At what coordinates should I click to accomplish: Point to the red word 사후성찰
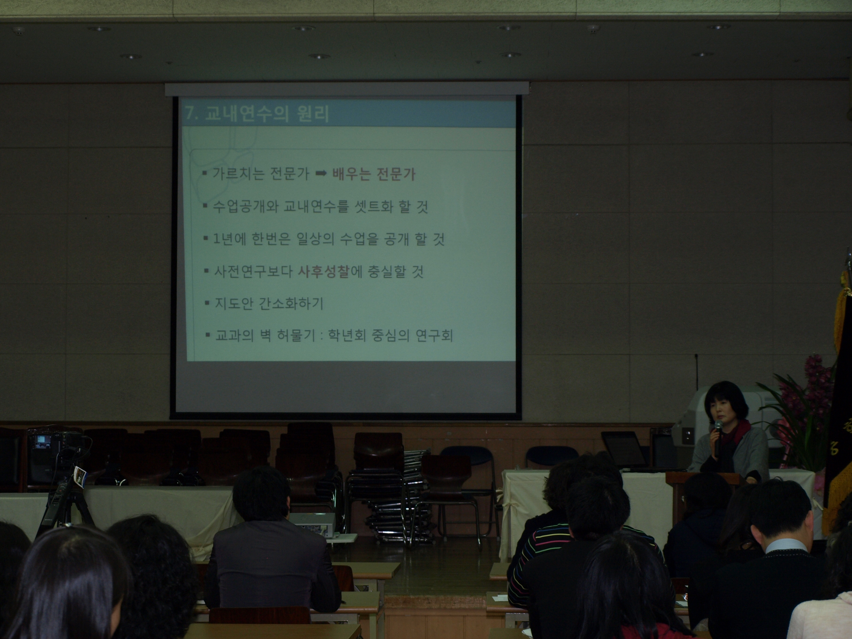(x=323, y=272)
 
